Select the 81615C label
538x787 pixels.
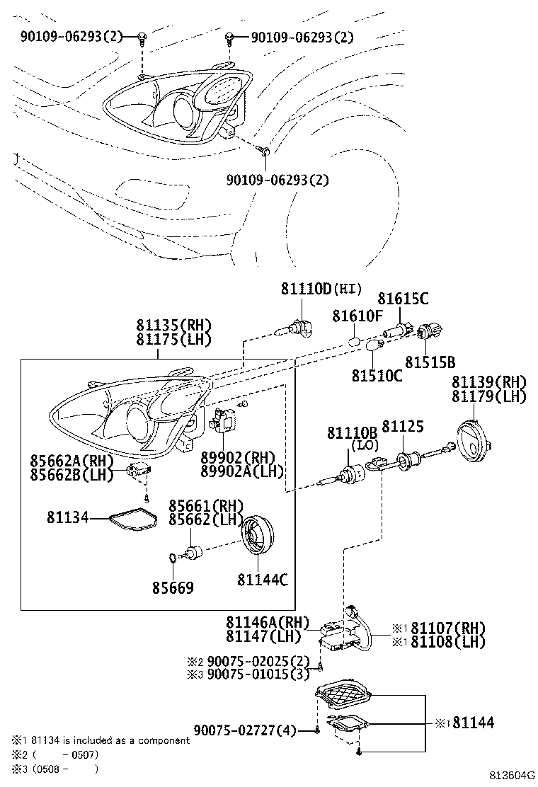pos(403,299)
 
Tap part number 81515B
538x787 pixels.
pos(430,362)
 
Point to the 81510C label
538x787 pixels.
pos(377,375)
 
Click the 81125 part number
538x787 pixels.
pos(403,426)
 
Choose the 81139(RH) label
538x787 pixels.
pos(489,382)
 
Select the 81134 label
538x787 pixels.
pos(68,518)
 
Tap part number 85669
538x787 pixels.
pos(172,587)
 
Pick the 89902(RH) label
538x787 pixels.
pos(237,458)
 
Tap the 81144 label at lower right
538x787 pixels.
pos(474,723)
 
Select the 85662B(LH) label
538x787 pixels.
pos(71,474)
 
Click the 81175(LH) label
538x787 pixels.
pos(174,340)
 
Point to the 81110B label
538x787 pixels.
pos(351,432)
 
